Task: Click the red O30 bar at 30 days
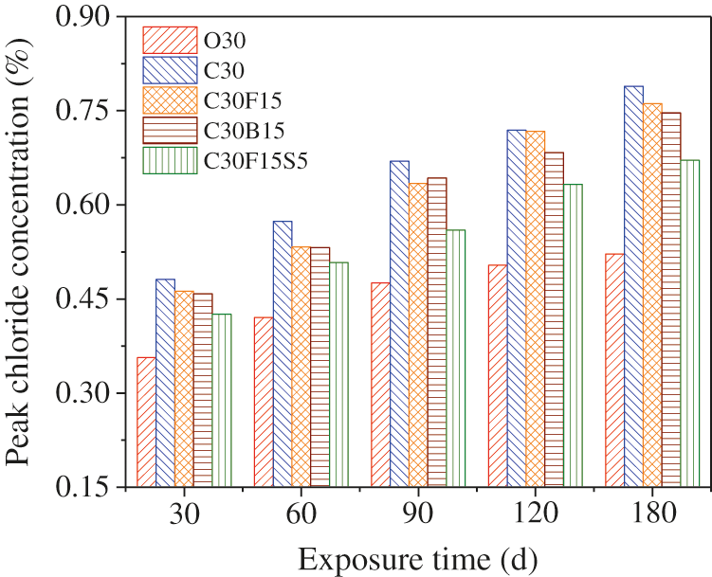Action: [146, 422]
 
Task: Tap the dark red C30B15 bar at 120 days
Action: [554, 319]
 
